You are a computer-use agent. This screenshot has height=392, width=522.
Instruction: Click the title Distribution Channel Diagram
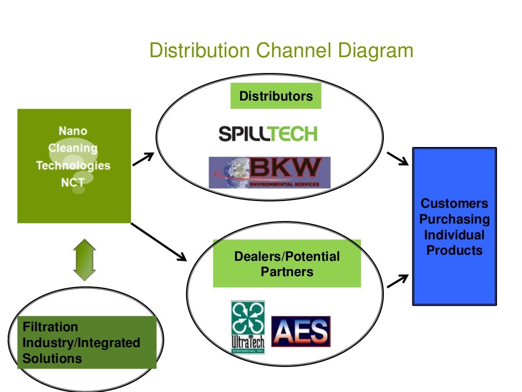click(281, 51)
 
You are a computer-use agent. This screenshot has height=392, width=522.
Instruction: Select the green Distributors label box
click(276, 96)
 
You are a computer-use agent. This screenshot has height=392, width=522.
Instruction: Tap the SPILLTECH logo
click(268, 134)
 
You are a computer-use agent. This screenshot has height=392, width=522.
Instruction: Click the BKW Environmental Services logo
click(270, 173)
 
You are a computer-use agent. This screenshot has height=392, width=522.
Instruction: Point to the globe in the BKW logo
click(229, 171)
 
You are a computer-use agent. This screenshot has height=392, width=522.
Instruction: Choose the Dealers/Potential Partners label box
click(286, 264)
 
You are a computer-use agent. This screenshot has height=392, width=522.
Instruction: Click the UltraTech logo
click(248, 327)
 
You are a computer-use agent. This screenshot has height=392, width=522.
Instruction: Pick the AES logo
click(301, 331)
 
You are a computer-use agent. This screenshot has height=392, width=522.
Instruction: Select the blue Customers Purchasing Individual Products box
click(454, 227)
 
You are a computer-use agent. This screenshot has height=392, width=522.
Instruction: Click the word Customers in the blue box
click(454, 204)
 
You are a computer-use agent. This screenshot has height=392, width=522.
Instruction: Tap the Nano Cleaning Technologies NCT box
click(74, 166)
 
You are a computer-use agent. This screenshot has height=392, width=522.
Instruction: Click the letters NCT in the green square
click(73, 182)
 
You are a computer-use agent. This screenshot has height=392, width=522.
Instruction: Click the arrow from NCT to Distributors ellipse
click(144, 159)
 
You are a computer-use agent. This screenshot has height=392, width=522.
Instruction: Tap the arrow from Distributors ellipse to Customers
click(398, 158)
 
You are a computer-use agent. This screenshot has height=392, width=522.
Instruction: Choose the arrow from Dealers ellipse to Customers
click(398, 281)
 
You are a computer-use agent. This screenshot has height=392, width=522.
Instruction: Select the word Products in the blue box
click(454, 250)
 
